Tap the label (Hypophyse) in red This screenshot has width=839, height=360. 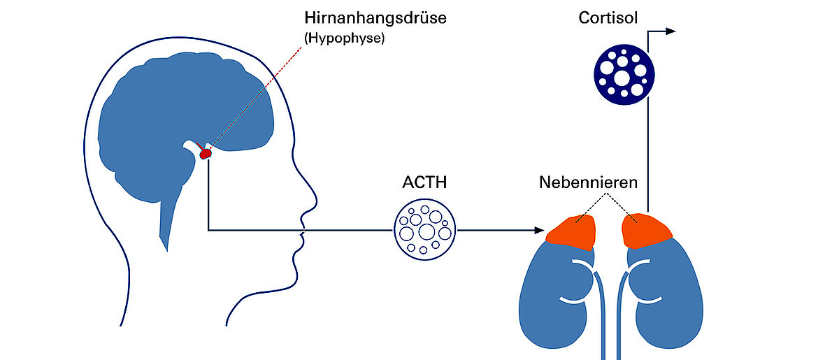coord(345,39)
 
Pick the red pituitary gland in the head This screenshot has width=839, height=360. coord(206,152)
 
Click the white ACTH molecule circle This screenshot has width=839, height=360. coord(425,229)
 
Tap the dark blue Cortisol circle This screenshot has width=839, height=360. coord(624,73)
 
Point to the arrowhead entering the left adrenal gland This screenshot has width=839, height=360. coord(539,229)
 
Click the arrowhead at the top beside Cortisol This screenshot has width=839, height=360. coord(671,31)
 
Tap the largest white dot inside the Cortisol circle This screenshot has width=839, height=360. coord(621,78)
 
